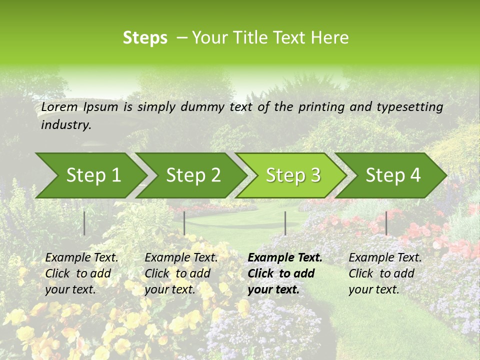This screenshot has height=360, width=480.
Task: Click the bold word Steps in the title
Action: (145, 38)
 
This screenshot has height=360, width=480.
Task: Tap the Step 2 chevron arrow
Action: (193, 175)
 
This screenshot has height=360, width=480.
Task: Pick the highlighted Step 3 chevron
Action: (293, 175)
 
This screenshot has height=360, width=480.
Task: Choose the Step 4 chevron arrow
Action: (393, 175)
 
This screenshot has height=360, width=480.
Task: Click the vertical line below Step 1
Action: (84, 223)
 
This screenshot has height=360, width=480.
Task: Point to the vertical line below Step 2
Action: (184, 223)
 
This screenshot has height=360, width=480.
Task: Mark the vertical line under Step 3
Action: (285, 223)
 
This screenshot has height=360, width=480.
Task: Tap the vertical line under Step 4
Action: (386, 223)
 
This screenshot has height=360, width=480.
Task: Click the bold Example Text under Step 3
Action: (285, 258)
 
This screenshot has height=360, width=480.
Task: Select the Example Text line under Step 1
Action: (81, 258)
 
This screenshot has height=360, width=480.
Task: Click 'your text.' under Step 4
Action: (373, 289)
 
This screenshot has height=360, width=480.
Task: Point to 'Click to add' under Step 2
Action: (177, 273)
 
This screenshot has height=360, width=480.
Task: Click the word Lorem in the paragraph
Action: (59, 106)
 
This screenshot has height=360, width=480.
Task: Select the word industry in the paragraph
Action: (65, 125)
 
